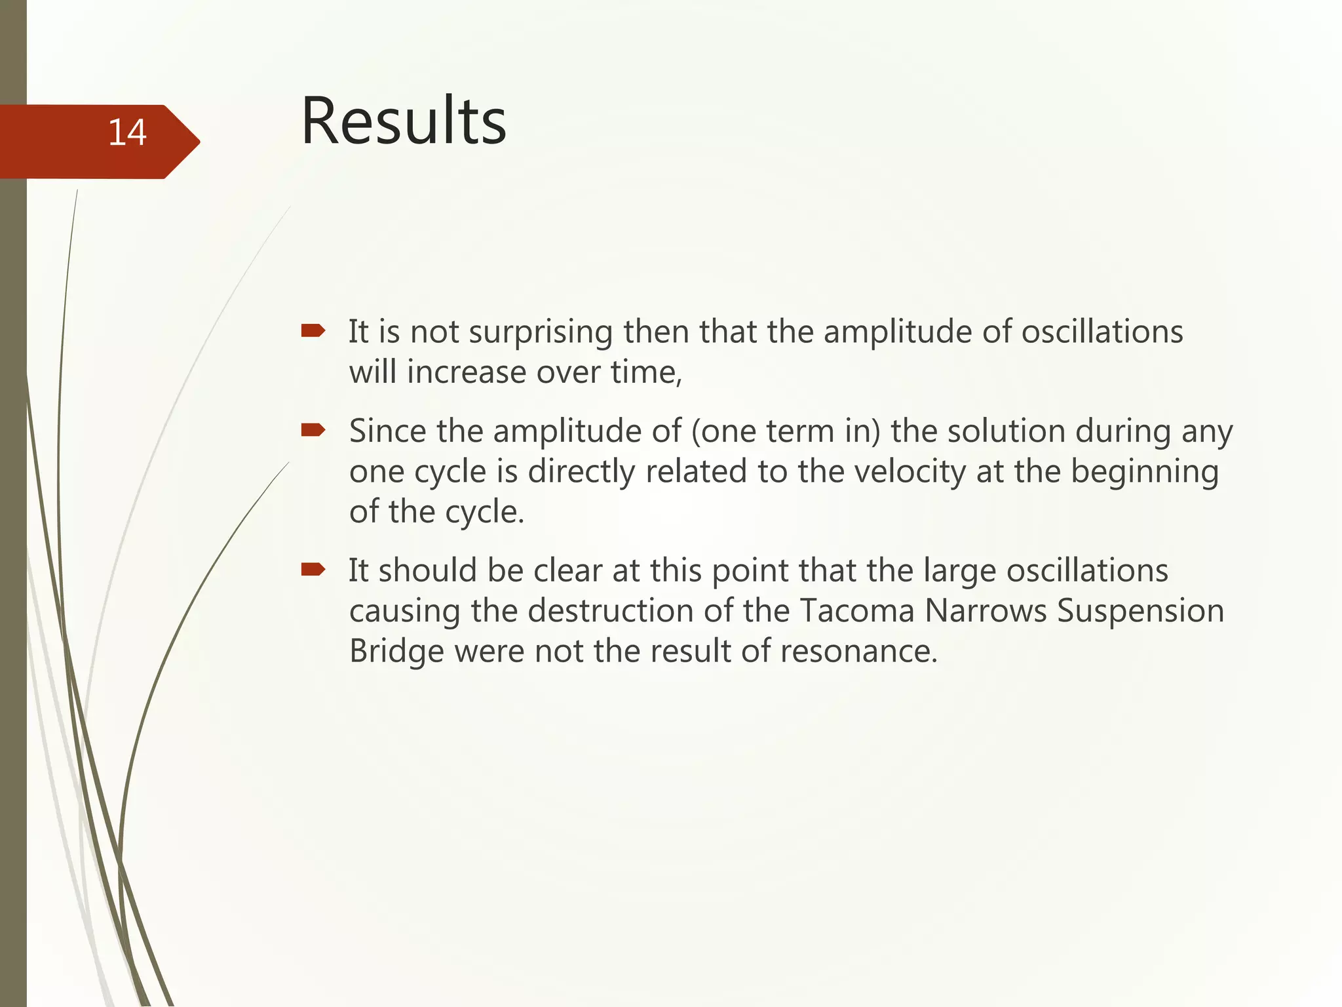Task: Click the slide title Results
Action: (x=403, y=121)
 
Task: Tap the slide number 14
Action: (x=126, y=132)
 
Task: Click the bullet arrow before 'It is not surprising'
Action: (x=313, y=330)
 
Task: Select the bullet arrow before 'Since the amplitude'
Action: (x=313, y=430)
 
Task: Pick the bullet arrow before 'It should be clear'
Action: (x=313, y=569)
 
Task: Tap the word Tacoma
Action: (x=856, y=611)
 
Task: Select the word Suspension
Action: (x=1140, y=612)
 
